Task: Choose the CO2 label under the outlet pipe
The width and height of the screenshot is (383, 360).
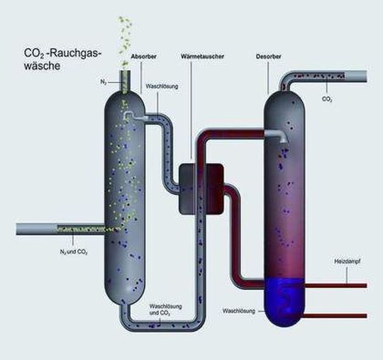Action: (x=328, y=100)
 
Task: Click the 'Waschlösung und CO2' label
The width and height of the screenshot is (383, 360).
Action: (x=165, y=310)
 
